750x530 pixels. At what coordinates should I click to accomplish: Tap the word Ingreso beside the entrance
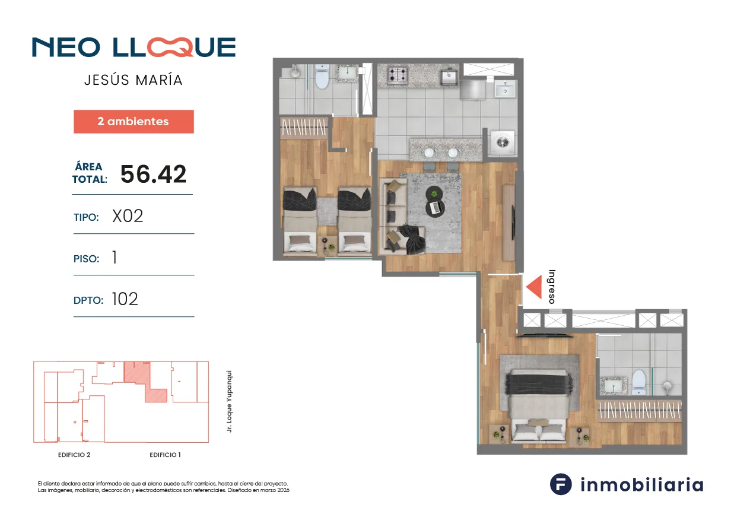click(552, 287)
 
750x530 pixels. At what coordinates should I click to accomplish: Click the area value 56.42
click(153, 174)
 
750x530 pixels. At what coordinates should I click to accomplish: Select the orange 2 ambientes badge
click(134, 122)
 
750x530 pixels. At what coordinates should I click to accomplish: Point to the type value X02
click(128, 216)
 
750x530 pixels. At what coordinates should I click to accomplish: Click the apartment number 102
click(125, 299)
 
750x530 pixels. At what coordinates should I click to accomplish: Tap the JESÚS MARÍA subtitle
click(134, 80)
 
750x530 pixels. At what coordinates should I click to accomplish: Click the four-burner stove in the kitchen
click(398, 75)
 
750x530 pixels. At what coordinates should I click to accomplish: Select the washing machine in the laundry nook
click(503, 142)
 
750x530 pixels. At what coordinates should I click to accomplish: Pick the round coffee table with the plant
click(434, 194)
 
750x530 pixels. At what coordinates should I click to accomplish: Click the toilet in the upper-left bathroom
click(322, 77)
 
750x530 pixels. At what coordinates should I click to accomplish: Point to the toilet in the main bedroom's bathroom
click(639, 383)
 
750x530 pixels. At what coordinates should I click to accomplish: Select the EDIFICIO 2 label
click(74, 455)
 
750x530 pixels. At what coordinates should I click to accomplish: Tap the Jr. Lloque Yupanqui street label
click(229, 401)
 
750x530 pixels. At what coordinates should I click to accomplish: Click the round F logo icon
click(561, 484)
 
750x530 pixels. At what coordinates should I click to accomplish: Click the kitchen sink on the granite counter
click(449, 77)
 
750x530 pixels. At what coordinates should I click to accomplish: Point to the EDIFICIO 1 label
click(165, 455)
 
